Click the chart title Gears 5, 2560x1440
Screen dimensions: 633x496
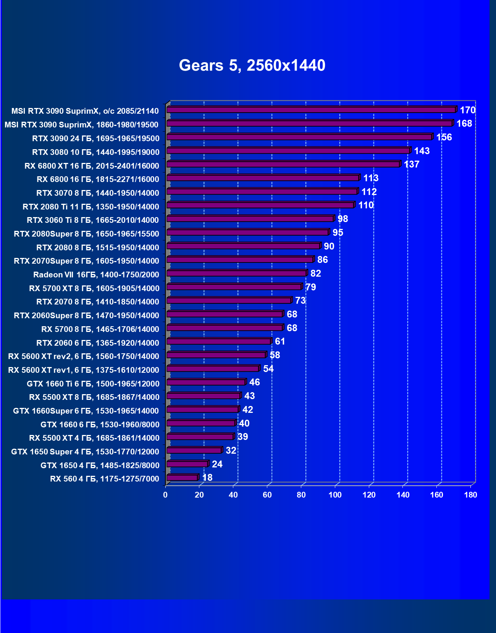(x=252, y=65)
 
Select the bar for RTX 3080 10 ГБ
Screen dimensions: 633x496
(x=288, y=151)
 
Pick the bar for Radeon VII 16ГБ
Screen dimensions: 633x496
(x=237, y=273)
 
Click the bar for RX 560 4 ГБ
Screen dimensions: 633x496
(x=182, y=478)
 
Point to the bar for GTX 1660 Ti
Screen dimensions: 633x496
(x=206, y=382)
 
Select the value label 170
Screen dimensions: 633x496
(x=467, y=110)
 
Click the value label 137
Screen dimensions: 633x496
(x=411, y=164)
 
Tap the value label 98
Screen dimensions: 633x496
(x=343, y=219)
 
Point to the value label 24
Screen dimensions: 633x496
(x=217, y=464)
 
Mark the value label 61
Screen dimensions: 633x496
(x=280, y=341)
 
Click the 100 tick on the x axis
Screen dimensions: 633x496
(x=335, y=495)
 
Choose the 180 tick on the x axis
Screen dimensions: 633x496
(x=470, y=495)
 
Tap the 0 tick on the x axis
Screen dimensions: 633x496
(x=165, y=495)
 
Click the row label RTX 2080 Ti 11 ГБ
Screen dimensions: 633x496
(x=91, y=207)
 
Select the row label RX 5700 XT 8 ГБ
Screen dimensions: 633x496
(x=94, y=288)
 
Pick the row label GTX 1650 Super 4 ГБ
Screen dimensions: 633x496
(x=85, y=452)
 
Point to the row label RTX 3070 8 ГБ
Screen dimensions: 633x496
(x=98, y=193)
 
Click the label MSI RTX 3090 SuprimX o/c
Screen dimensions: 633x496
(x=85, y=111)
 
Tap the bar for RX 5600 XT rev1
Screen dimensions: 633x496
(x=213, y=369)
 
